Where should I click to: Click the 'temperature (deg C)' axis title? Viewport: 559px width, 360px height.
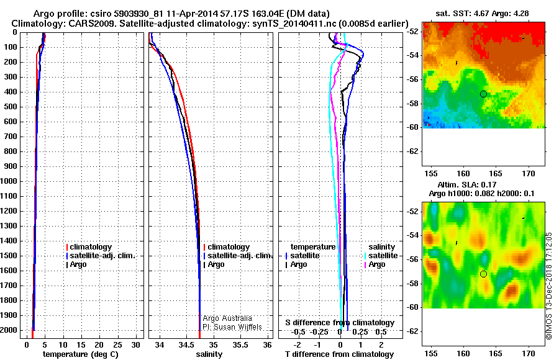click(80, 354)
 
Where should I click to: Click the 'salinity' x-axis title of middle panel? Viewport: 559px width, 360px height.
click(209, 354)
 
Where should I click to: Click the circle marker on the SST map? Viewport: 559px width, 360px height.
click(483, 94)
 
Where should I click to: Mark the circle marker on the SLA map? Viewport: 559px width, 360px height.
click(483, 274)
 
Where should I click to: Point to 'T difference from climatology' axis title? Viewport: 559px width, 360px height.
click(340, 354)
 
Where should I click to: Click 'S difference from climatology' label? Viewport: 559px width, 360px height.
click(340, 323)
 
